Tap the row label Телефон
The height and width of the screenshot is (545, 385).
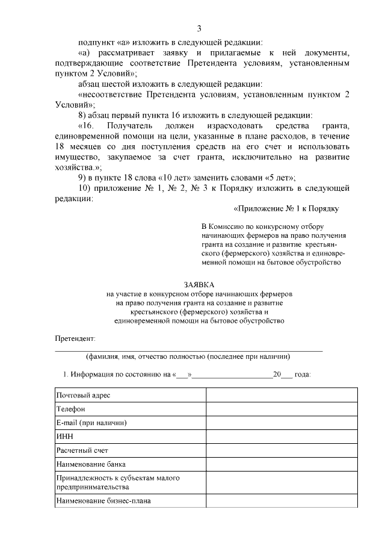[x=71, y=409]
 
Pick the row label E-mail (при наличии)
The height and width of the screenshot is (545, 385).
[x=91, y=423]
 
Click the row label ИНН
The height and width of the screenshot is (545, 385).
[x=64, y=437]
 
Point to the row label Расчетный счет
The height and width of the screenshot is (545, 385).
[x=82, y=450]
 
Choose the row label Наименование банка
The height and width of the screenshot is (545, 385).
[x=91, y=464]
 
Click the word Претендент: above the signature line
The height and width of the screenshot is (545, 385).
[x=75, y=340]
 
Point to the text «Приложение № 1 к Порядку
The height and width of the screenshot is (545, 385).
[x=286, y=209]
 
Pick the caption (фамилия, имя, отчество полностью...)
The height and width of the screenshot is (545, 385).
[x=189, y=356]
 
